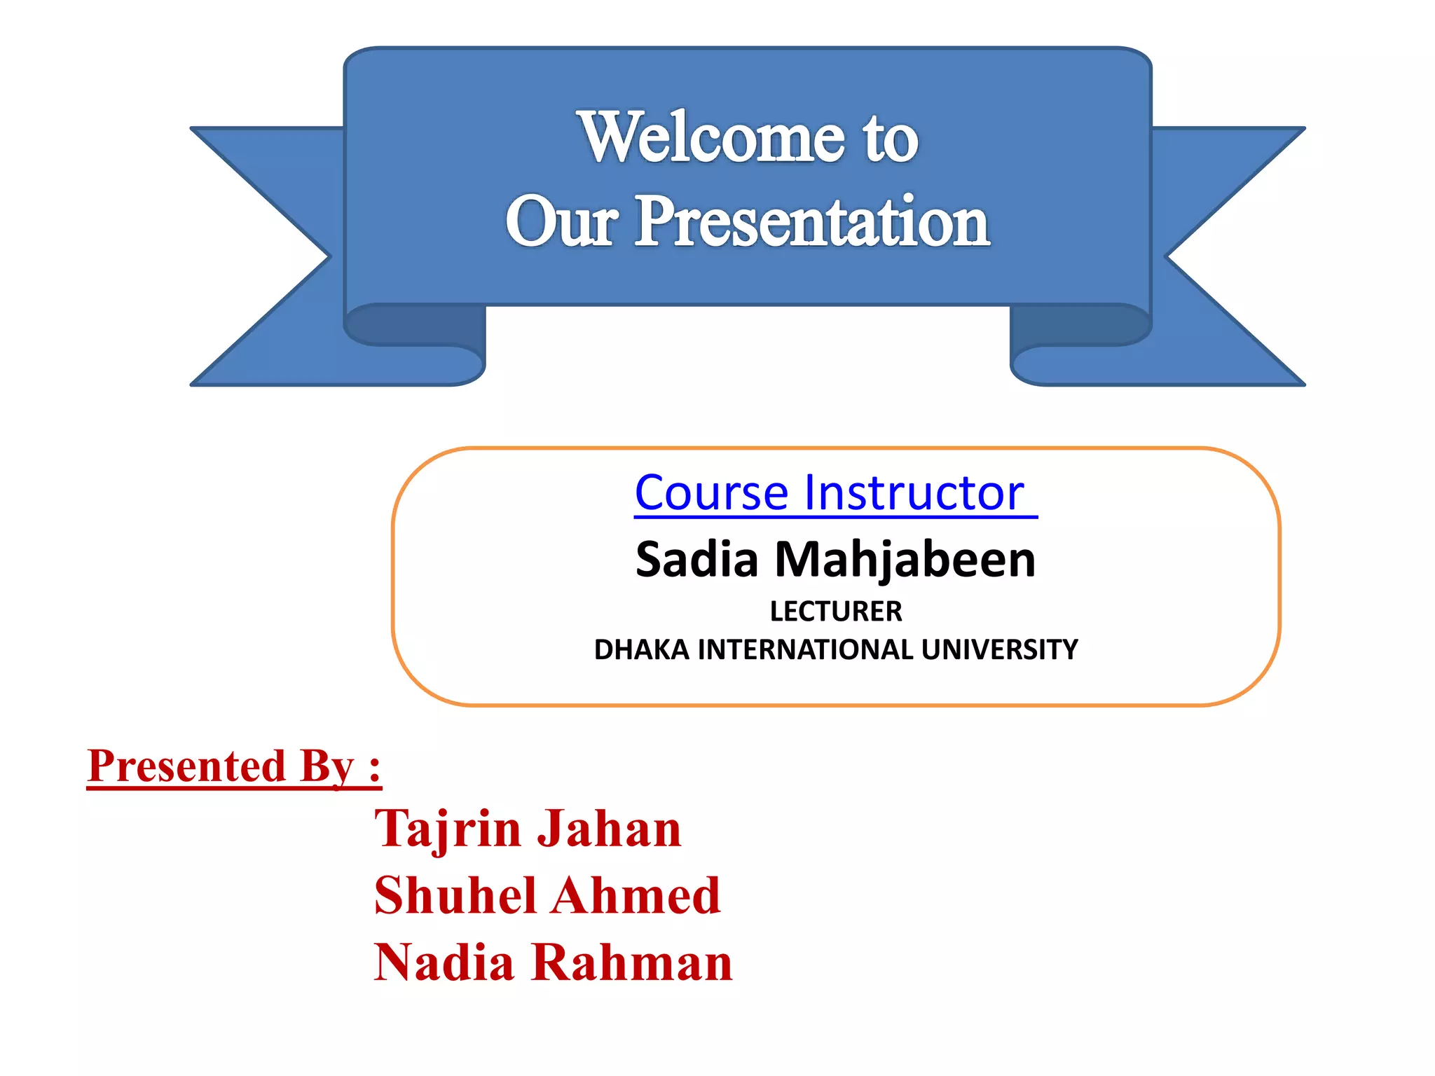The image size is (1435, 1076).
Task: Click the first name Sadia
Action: point(696,560)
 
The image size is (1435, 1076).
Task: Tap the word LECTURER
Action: point(836,612)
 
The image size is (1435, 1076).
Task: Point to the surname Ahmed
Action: point(638,896)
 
